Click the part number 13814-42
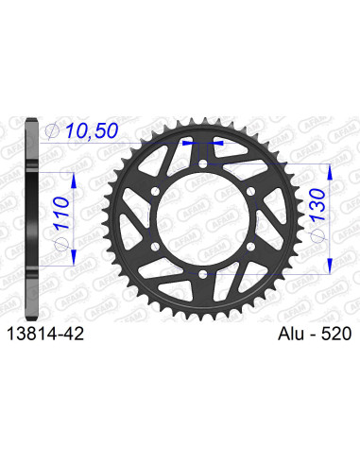point(52,334)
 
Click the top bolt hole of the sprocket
point(205,170)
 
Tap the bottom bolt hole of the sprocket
point(205,274)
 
